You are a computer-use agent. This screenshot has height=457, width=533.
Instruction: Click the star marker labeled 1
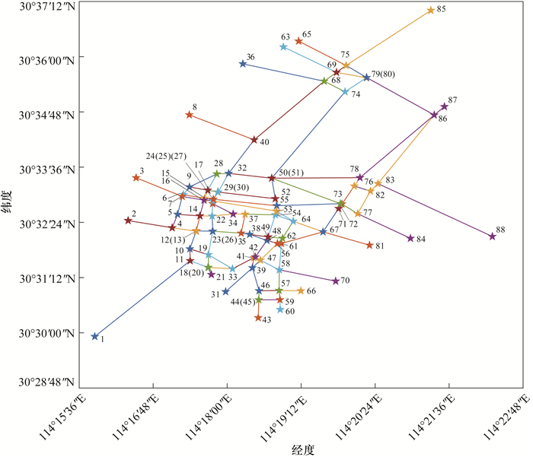pos(95,336)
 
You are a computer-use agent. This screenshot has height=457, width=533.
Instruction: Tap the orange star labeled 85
pos(431,10)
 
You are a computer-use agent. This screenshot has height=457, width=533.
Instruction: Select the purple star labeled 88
pos(493,236)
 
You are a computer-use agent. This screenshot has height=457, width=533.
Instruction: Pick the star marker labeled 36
pos(243,64)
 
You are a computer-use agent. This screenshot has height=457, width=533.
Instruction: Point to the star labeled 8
pos(190,115)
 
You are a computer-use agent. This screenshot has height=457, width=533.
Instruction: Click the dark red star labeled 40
pos(254,139)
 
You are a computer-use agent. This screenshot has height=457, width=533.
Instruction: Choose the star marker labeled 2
pos(128,221)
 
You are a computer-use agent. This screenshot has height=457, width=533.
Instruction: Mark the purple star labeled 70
pos(336,281)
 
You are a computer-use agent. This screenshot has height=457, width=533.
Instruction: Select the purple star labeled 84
pos(410,238)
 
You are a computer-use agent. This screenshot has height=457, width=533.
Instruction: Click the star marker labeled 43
pos(258,318)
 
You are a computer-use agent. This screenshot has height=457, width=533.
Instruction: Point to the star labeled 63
pos(283,46)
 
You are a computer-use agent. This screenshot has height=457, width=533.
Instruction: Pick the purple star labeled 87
pos(445,106)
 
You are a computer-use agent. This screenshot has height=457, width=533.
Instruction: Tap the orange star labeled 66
pos(301,290)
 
